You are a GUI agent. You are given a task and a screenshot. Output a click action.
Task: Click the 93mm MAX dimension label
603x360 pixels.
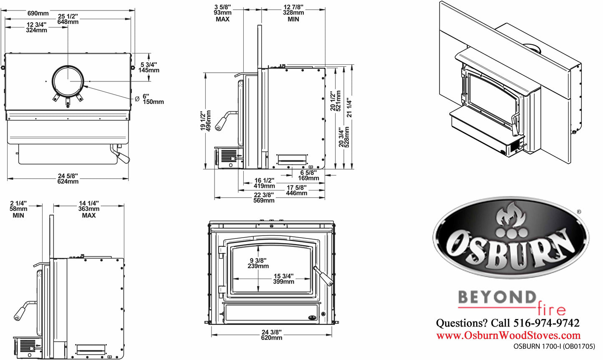point(223,13)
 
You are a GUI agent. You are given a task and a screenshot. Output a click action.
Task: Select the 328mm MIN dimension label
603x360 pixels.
point(293,13)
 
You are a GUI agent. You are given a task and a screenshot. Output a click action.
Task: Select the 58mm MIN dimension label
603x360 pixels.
point(18,209)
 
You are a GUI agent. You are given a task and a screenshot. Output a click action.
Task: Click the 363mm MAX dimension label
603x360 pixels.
point(89,209)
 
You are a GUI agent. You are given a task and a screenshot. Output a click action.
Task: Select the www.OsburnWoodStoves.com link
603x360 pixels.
point(508,335)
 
